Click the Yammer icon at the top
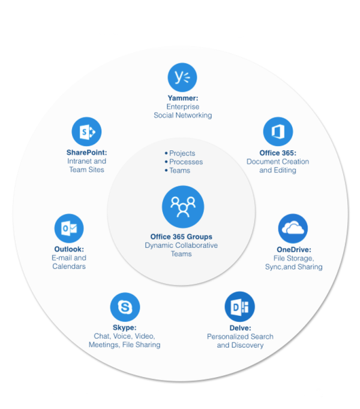pos(182,77)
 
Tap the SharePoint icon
pos(86,132)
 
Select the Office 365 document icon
pos(278,132)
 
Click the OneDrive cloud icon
pos(293,228)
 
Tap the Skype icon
pos(125,308)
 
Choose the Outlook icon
pos(69,229)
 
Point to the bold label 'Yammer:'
pos(182,97)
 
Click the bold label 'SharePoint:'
pos(86,153)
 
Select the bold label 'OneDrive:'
pos(293,250)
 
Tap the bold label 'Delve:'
pos(239,328)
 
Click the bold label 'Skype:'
pos(124,327)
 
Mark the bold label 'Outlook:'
pos(69,249)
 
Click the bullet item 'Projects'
pos(182,153)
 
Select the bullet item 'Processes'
pos(185,162)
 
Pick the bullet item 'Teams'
pos(179,170)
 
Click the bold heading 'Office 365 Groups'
pos(181,237)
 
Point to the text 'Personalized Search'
pos(240,336)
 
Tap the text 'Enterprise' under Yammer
pos(182,106)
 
